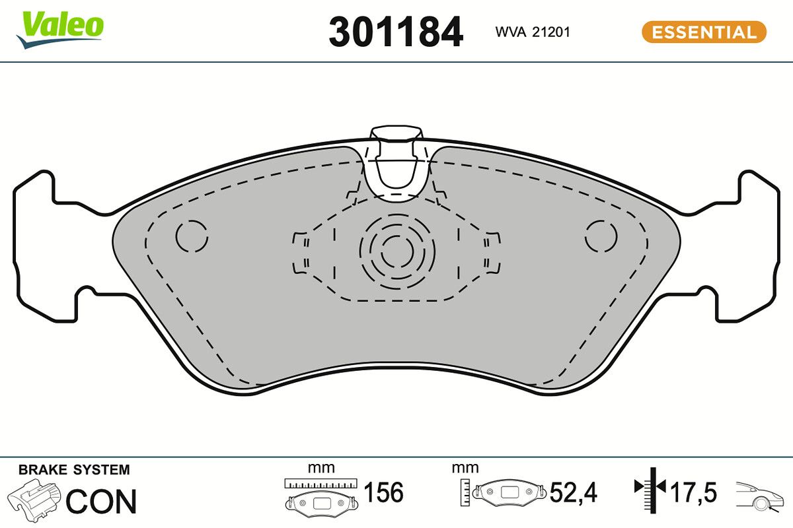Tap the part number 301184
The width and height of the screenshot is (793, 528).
396,32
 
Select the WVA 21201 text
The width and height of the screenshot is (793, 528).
532,32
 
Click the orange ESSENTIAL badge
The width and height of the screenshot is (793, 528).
704,32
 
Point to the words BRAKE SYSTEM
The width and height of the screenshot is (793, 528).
74,470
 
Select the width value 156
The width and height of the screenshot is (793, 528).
384,492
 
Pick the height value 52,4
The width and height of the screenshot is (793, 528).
574,492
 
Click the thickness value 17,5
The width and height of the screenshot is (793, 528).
693,492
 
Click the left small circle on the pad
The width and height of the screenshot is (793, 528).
192,236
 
